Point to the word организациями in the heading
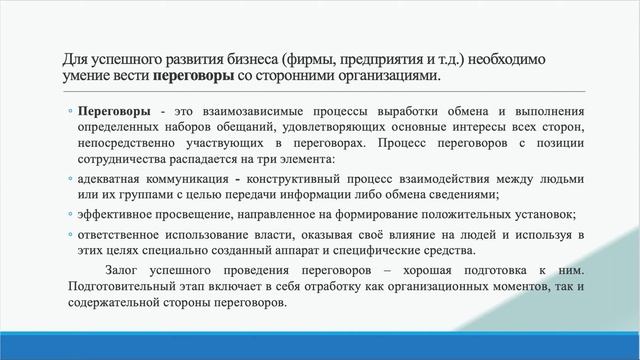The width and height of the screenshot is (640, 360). (379, 76)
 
